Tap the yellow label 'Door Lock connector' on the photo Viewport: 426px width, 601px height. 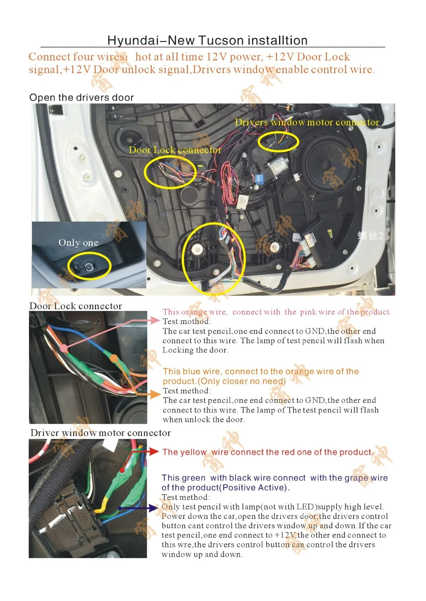pyautogui.click(x=175, y=150)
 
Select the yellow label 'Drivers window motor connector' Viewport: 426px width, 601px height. pyautogui.click(x=307, y=122)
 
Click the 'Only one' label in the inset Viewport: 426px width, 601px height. pyautogui.click(x=78, y=243)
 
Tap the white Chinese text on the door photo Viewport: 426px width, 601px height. pyautogui.click(x=370, y=236)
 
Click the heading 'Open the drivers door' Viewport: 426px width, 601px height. pyautogui.click(x=81, y=98)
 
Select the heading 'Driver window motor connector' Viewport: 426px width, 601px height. pyautogui.click(x=101, y=433)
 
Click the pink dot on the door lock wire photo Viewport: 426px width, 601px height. pyautogui.click(x=63, y=348)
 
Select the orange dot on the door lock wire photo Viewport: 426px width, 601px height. pyautogui.click(x=114, y=359)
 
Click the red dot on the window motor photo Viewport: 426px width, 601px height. pyautogui.click(x=122, y=470)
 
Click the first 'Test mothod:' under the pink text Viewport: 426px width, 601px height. pyautogui.click(x=187, y=322)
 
